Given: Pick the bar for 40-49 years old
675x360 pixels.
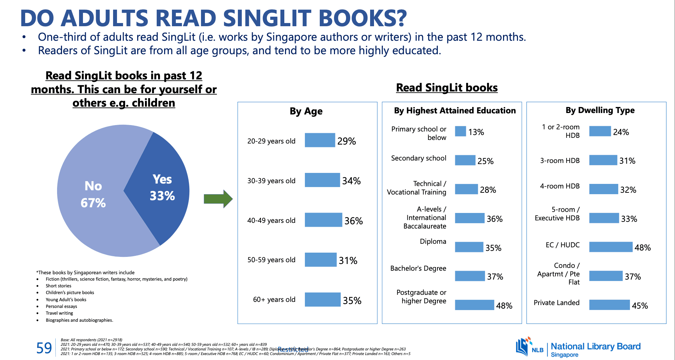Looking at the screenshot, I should click(x=323, y=220).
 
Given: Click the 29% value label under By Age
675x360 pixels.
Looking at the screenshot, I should click(x=346, y=141).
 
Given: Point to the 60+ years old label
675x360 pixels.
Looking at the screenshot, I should click(x=274, y=300).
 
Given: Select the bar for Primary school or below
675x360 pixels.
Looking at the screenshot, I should click(x=460, y=131).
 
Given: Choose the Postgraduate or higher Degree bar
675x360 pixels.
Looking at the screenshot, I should click(x=474, y=305).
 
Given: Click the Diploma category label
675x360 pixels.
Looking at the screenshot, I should click(x=433, y=242).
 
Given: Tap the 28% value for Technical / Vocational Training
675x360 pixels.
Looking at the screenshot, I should click(x=488, y=190).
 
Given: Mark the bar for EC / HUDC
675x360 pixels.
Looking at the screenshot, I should click(x=610, y=247).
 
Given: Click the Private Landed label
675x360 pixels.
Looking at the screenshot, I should click(x=557, y=303).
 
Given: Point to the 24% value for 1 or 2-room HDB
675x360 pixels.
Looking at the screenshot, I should click(x=621, y=132).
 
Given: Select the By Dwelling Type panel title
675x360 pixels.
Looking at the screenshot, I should click(x=600, y=110).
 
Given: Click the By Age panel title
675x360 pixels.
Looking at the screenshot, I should click(x=306, y=111).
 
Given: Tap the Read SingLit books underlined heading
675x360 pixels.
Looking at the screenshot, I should click(x=447, y=88).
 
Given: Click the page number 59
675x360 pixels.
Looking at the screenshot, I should click(x=44, y=348).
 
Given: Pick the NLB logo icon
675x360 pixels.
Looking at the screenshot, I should click(x=524, y=346).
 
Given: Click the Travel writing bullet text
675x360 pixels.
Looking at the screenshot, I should click(x=59, y=313).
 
